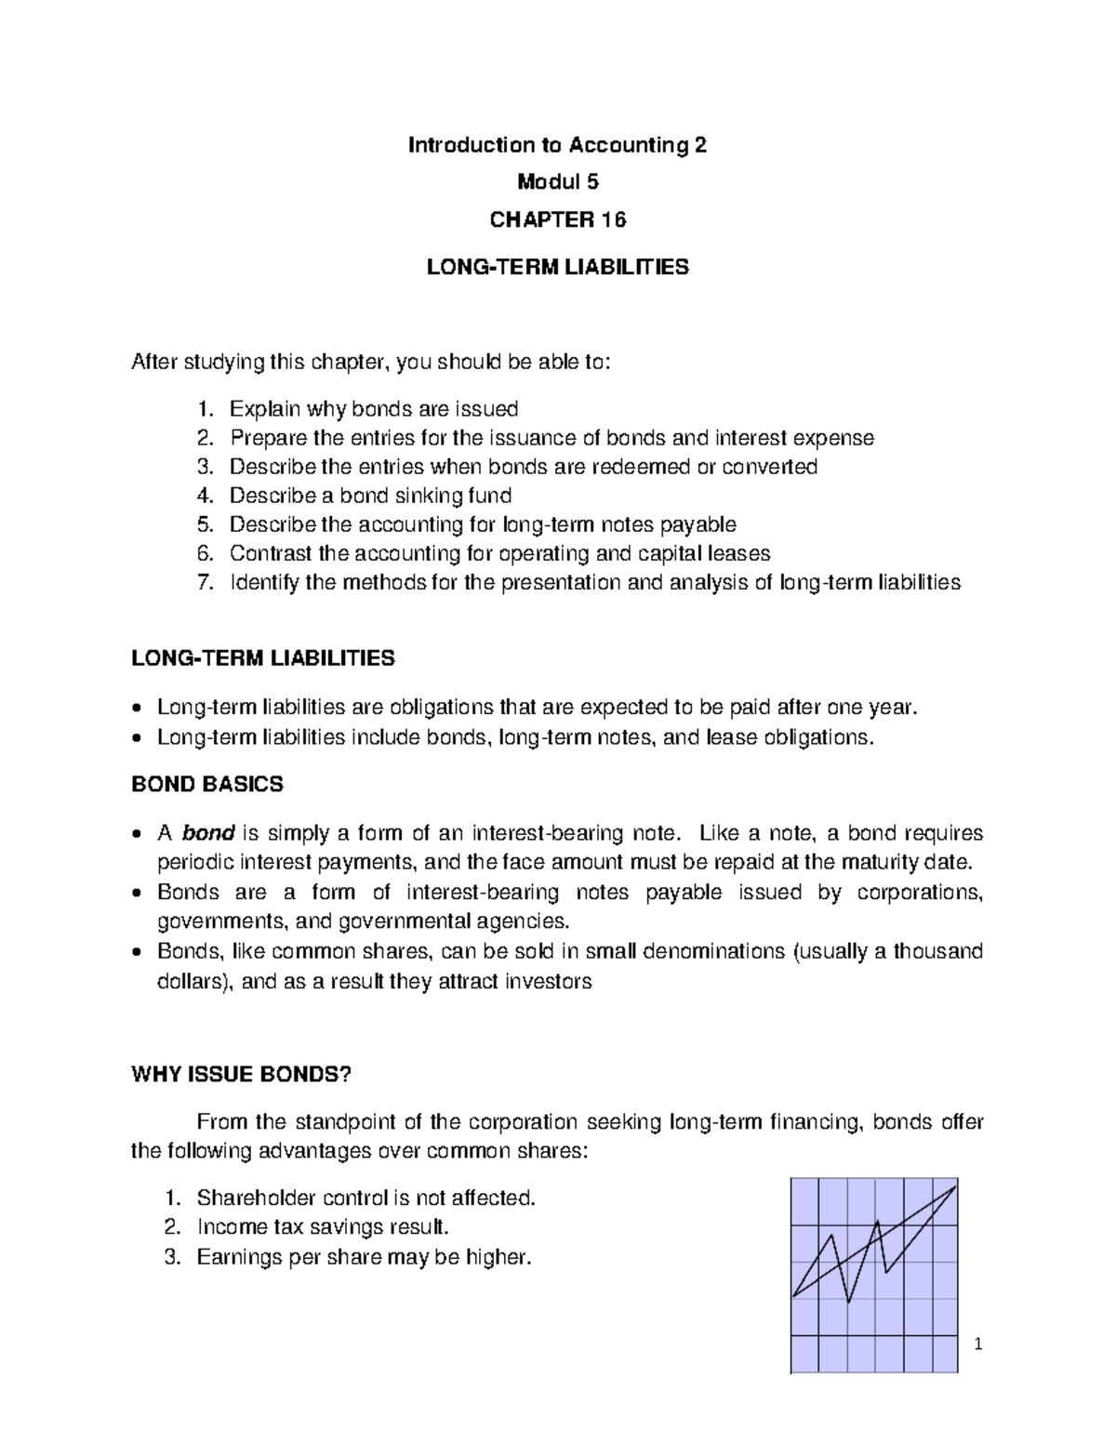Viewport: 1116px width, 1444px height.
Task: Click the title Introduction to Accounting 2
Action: [x=558, y=145]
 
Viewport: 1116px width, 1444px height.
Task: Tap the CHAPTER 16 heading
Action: [x=558, y=219]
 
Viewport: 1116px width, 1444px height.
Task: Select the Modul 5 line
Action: [x=558, y=182]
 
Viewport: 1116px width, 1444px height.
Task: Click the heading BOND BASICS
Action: [x=206, y=784]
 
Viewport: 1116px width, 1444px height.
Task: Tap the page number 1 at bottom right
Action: [x=977, y=1345]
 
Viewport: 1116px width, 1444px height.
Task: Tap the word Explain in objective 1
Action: [x=264, y=409]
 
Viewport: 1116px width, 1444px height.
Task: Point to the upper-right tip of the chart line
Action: [x=955, y=1186]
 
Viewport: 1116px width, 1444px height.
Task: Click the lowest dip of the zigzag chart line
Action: [x=849, y=1302]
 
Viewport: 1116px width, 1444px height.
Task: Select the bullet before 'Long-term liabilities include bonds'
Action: [x=138, y=738]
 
